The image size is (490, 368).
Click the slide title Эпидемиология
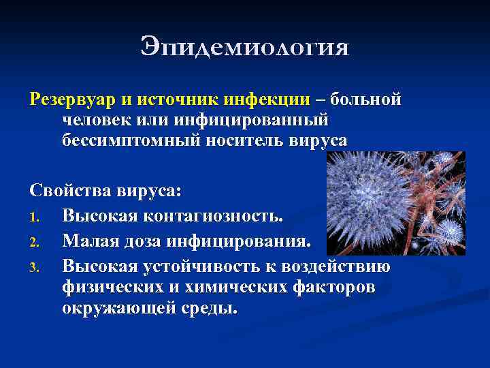tap(245, 47)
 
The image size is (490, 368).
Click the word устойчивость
tap(201, 266)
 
